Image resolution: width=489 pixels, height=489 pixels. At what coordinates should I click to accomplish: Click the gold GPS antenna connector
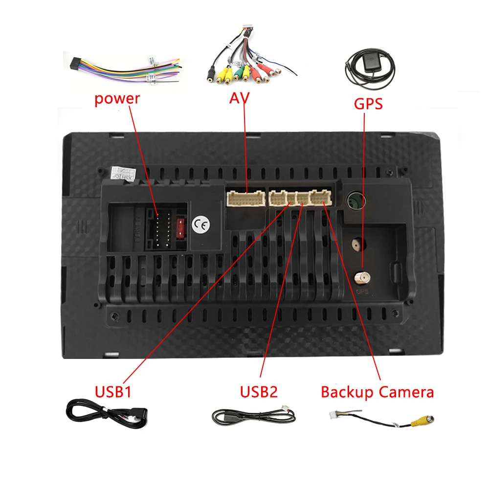pos(362,278)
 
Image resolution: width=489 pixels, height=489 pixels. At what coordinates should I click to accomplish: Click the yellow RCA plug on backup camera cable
pos(419,420)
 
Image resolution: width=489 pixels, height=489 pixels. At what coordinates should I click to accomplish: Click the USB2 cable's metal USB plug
pos(221,419)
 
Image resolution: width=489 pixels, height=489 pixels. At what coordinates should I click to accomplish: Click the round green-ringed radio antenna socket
pos(354,200)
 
